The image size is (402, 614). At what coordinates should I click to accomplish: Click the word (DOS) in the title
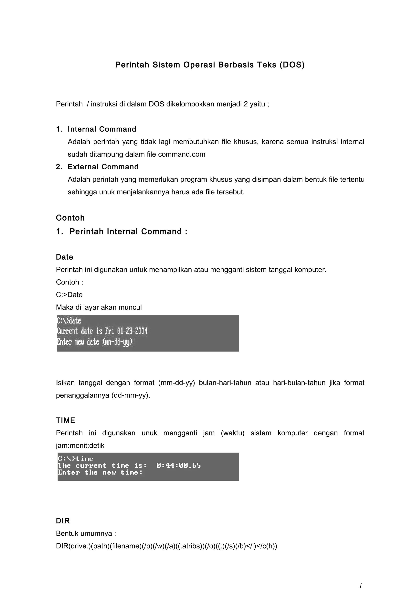tap(292, 65)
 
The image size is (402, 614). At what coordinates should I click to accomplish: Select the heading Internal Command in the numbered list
tap(102, 129)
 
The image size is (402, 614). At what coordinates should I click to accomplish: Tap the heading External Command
tap(103, 167)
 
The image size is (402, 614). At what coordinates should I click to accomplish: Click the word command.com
tap(182, 154)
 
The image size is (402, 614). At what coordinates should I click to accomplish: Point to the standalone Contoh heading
tap(70, 218)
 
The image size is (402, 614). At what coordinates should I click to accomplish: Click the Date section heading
tap(65, 257)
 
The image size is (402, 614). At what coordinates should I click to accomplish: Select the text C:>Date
tap(69, 295)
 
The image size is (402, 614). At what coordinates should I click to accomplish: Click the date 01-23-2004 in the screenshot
tap(132, 331)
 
